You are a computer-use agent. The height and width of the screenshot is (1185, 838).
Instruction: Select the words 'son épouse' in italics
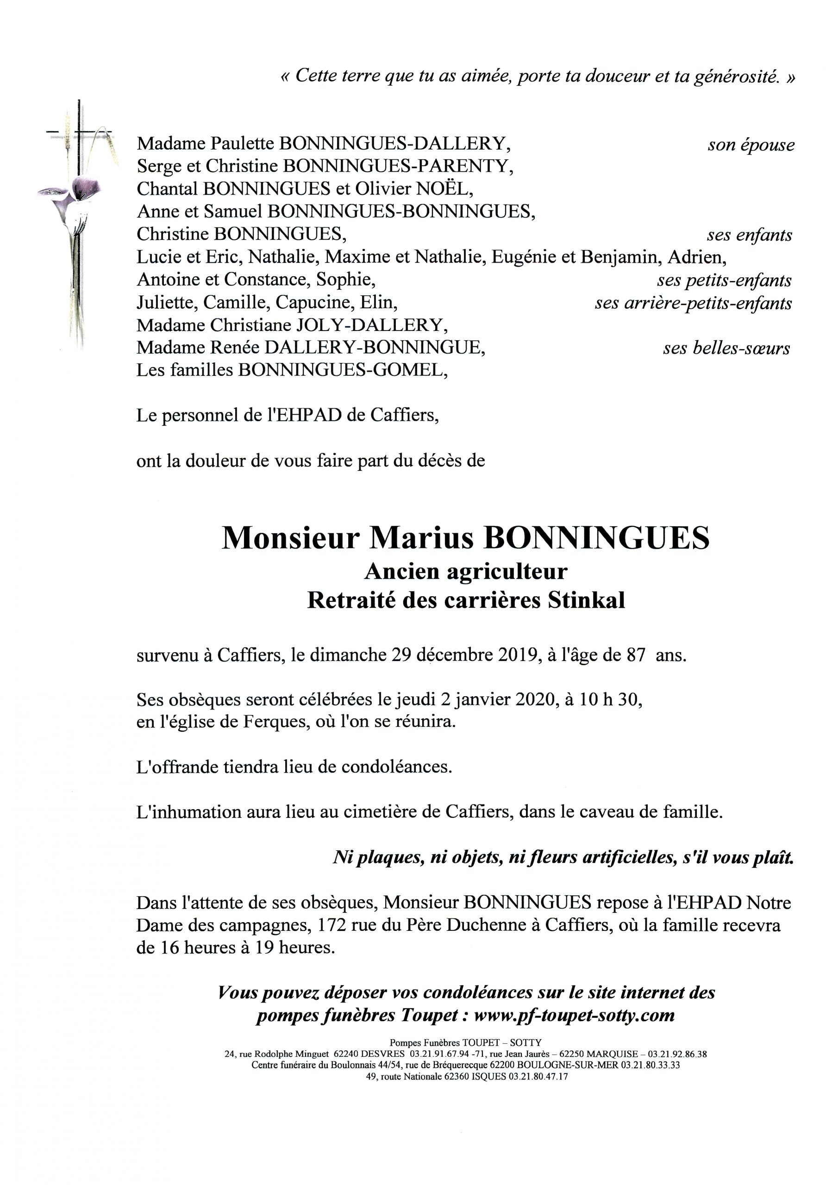751,145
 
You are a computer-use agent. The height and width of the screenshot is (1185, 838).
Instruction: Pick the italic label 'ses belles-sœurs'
726,349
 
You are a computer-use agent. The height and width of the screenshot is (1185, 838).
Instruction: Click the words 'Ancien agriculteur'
466,571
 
